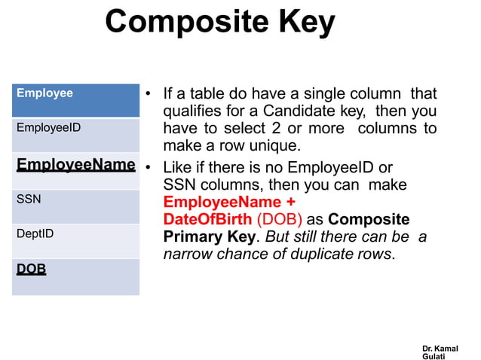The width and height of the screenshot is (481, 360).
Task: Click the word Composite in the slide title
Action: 185,23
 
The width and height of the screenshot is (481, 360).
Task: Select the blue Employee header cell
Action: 75,100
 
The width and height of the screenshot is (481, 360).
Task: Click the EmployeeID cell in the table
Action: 75,135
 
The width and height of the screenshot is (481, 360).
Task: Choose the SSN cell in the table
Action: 75,206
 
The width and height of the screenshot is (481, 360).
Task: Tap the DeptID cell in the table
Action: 75,240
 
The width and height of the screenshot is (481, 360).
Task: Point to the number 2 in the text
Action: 271,129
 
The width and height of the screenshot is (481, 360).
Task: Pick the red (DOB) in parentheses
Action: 279,219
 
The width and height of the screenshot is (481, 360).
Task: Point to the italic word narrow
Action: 185,254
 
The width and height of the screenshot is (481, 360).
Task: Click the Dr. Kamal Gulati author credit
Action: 440,352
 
